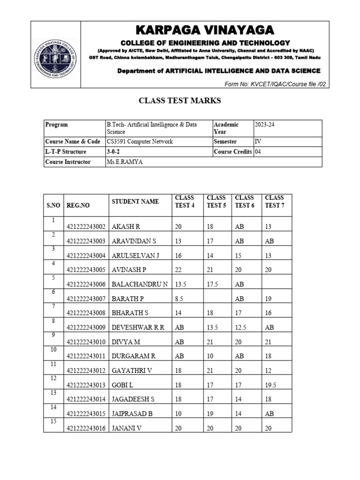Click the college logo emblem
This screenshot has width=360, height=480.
pyautogui.click(x=56, y=60)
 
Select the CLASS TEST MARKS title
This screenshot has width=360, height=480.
pyautogui.click(x=180, y=100)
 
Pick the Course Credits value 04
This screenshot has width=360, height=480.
pyautogui.click(x=259, y=152)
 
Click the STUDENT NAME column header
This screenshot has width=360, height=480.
pyautogui.click(x=135, y=202)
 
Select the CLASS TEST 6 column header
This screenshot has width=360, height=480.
pyautogui.click(x=245, y=202)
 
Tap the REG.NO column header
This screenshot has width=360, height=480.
pyautogui.click(x=78, y=205)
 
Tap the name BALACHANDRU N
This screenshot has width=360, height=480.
pyautogui.click(x=139, y=284)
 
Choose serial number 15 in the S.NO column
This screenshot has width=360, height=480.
pyautogui.click(x=53, y=421)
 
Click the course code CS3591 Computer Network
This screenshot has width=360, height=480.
pyautogui.click(x=140, y=142)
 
